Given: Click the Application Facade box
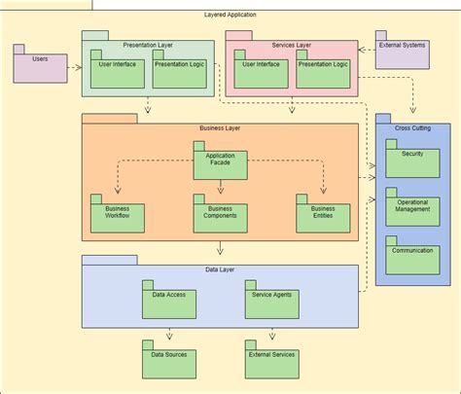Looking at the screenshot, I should pyautogui.click(x=219, y=163).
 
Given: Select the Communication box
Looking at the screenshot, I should pyautogui.click(x=411, y=255).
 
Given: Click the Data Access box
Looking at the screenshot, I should pyautogui.click(x=168, y=298).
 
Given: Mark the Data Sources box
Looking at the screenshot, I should pyautogui.click(x=168, y=360).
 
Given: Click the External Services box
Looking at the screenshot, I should pyautogui.click(x=271, y=360).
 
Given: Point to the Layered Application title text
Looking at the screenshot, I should pyautogui.click(x=230, y=16).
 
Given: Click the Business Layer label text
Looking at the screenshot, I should pyautogui.click(x=220, y=128).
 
